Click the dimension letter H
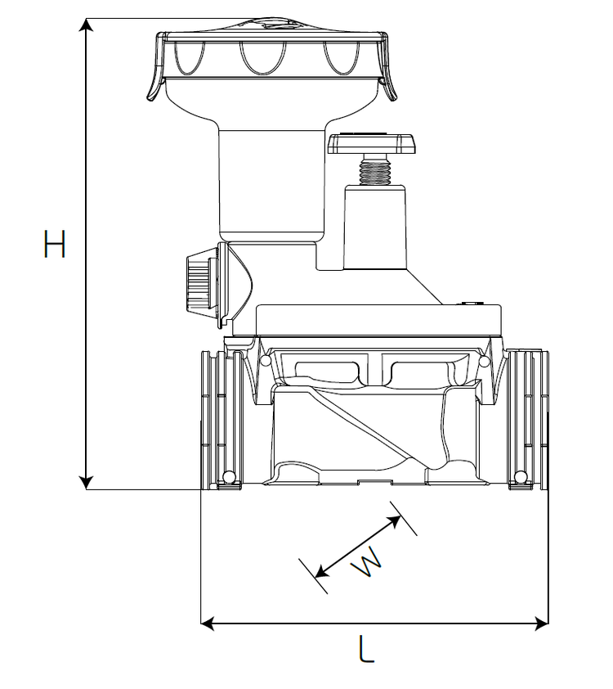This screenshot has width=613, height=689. point(55,243)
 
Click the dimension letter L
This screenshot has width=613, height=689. point(366,648)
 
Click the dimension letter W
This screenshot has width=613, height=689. point(367,562)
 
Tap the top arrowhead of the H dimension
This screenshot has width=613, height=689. point(87,25)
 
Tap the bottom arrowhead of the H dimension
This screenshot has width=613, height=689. point(87,483)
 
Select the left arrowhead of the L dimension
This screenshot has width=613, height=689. point(207,623)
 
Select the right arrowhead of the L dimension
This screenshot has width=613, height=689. point(541,623)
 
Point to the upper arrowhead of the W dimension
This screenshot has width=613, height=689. point(394,520)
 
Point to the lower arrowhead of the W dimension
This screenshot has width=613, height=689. point(323,571)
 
